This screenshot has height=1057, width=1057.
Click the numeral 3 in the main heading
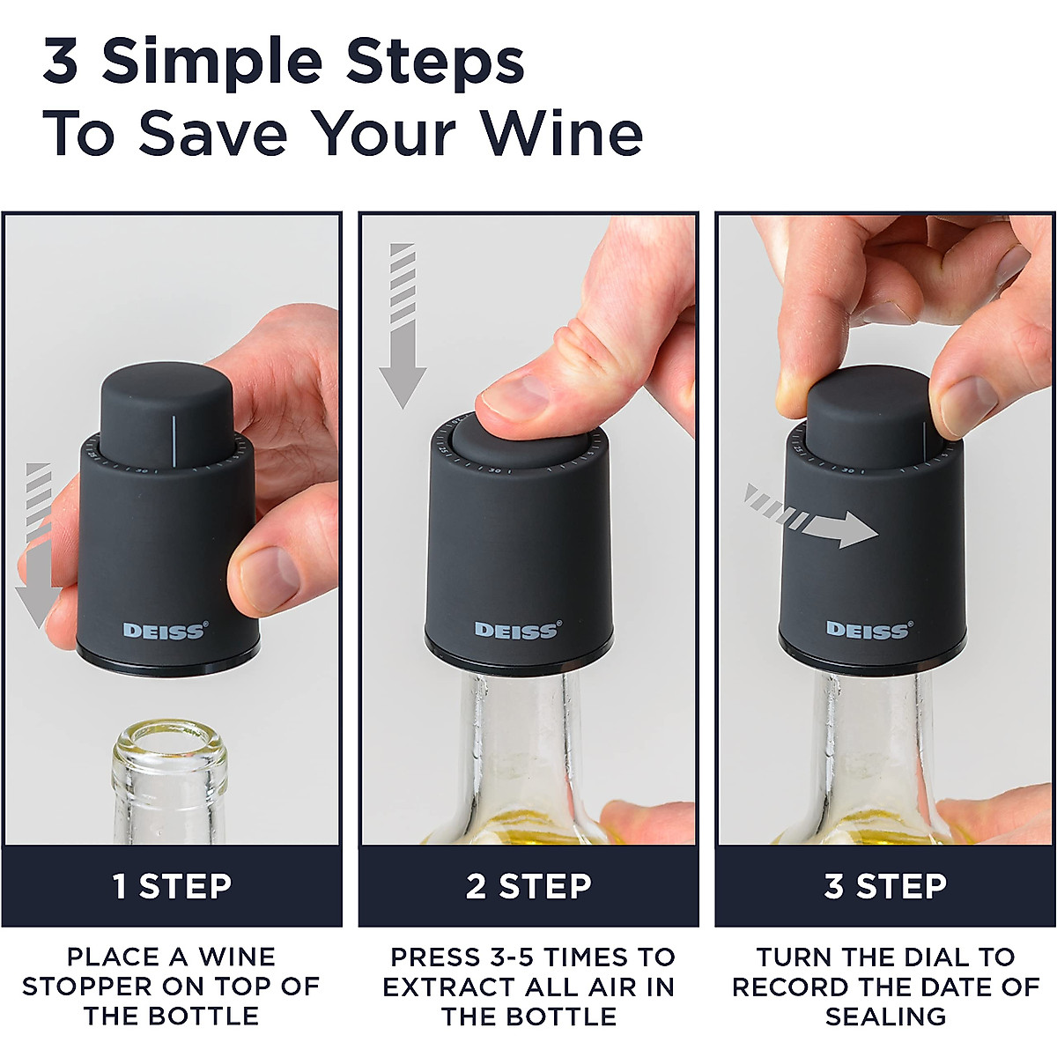(x=61, y=62)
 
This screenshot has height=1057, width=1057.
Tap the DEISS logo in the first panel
(x=165, y=631)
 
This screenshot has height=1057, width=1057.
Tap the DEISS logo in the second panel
(x=517, y=630)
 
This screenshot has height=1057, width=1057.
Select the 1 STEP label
(x=172, y=886)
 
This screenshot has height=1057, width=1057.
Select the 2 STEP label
(x=528, y=886)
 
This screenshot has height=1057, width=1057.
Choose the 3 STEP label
(x=885, y=886)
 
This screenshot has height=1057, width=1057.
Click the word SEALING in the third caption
(x=885, y=1016)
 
